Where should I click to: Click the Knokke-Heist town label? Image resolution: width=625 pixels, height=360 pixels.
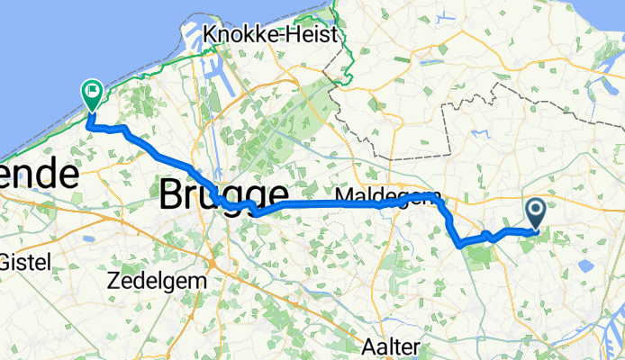271,34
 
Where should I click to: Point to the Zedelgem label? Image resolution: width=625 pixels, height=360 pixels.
156,280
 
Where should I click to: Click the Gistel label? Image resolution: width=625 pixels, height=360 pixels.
28,262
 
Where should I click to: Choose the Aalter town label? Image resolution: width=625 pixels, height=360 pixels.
392,346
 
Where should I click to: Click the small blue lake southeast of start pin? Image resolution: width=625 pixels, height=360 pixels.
586,266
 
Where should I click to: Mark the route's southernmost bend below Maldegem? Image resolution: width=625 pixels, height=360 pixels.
460,243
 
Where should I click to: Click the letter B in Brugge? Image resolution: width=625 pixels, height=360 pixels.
171,194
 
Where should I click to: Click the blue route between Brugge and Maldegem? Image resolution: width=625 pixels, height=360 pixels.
324,204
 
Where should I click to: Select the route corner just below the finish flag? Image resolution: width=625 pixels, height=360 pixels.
89,125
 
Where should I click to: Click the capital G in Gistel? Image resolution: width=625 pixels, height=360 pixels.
8,262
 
